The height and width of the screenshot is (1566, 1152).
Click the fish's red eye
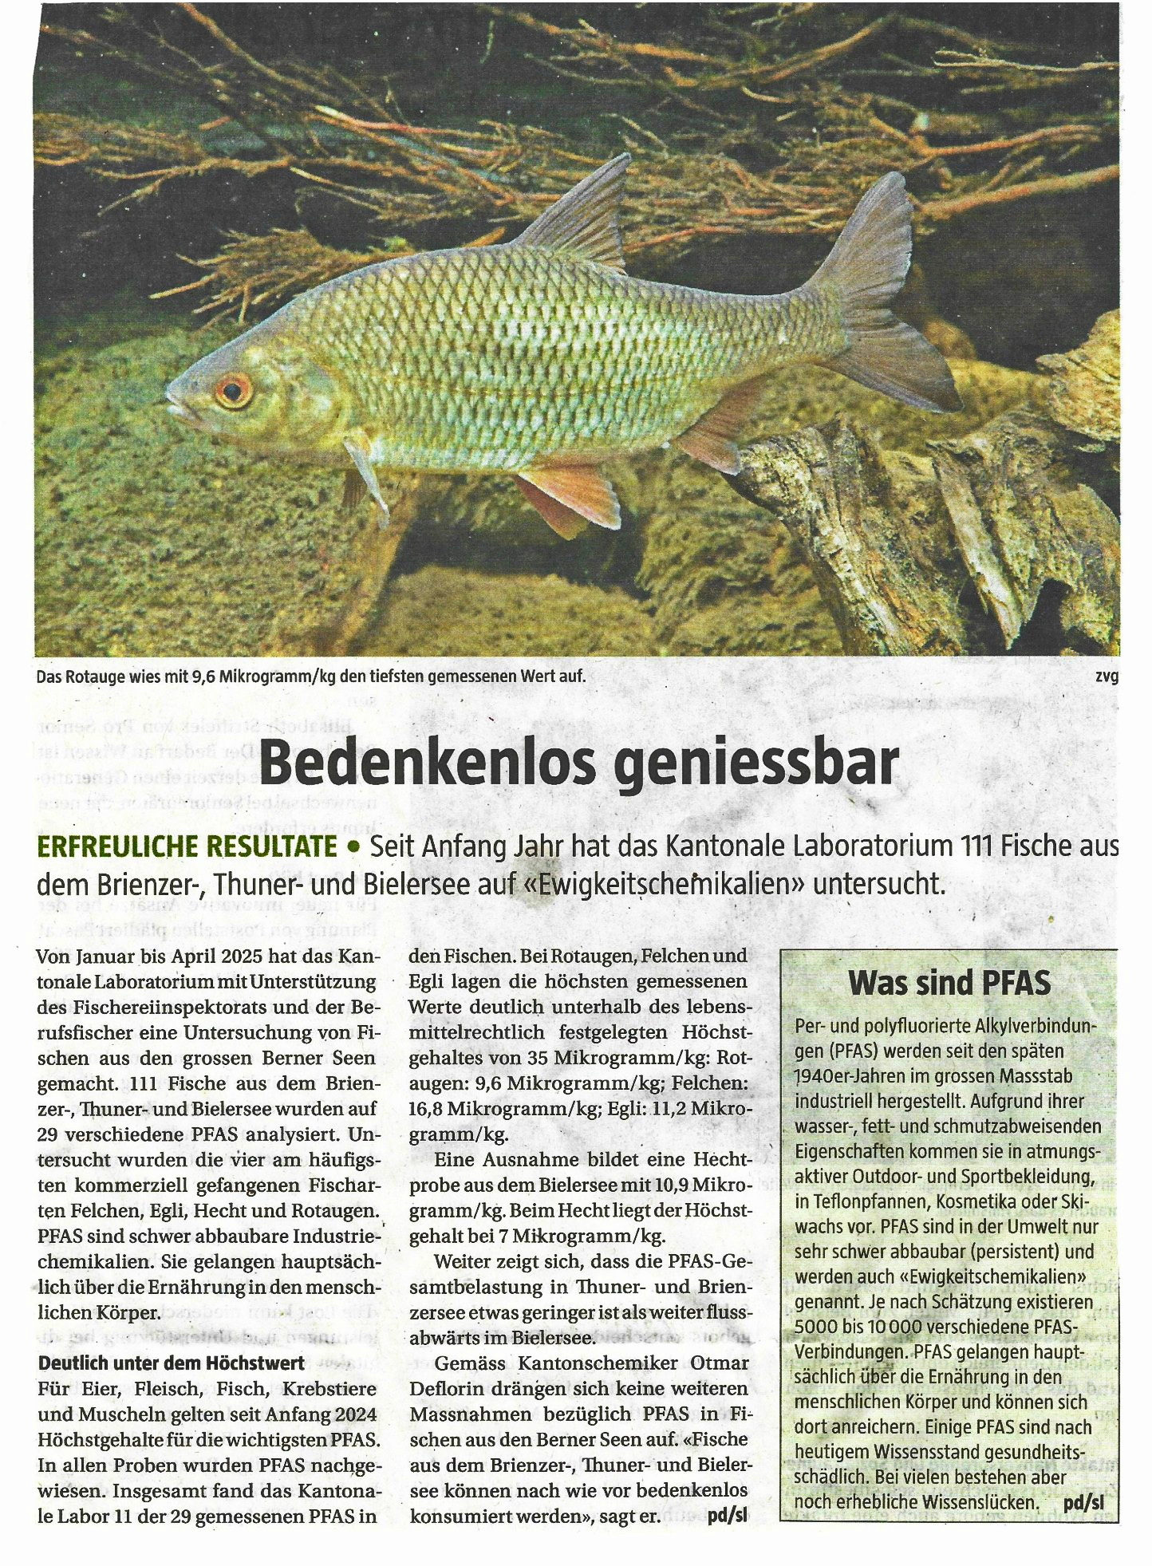pyautogui.click(x=232, y=390)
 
